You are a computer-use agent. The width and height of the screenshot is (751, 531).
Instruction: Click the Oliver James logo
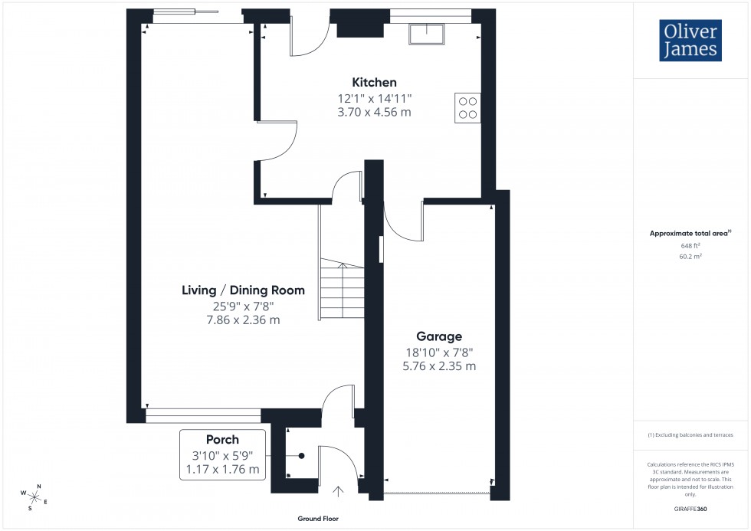689,41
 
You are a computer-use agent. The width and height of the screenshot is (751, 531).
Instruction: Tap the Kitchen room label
374,83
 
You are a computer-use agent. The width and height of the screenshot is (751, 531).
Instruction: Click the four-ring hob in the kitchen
468,107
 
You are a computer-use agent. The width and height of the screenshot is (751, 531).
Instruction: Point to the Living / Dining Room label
243,290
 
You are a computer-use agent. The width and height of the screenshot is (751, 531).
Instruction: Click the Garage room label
439,336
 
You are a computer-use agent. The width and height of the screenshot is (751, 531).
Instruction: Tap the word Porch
222,440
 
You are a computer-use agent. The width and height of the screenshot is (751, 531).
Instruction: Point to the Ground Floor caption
318,519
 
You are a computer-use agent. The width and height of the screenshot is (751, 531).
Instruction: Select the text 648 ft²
690,246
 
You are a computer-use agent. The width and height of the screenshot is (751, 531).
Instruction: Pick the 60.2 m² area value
690,257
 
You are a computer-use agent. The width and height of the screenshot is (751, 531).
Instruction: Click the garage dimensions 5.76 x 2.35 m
439,366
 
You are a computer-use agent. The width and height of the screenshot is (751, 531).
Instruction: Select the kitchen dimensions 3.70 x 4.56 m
374,112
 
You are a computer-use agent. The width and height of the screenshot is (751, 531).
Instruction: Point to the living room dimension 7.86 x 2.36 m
243,320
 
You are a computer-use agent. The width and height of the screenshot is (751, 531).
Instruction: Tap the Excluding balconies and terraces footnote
690,435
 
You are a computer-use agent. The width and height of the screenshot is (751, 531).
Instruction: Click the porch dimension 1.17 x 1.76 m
222,469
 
